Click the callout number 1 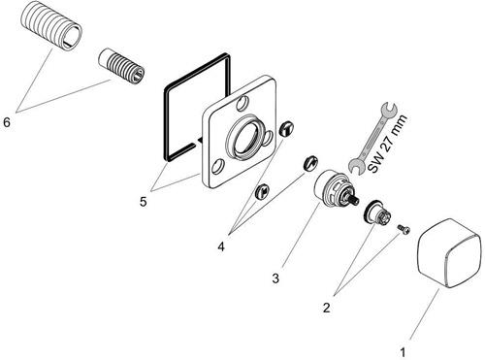pos(403,352)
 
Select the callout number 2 pos(327,307)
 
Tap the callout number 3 pos(275,278)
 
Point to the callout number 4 pos(221,246)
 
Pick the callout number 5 pos(143,202)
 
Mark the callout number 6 pos(7,122)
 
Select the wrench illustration pos(372,139)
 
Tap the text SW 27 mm pos(388,144)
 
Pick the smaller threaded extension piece pos(121,66)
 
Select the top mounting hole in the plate pos(242,103)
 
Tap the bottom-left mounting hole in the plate pos(217,167)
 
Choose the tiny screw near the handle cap pos(404,229)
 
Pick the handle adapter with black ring pos(377,213)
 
